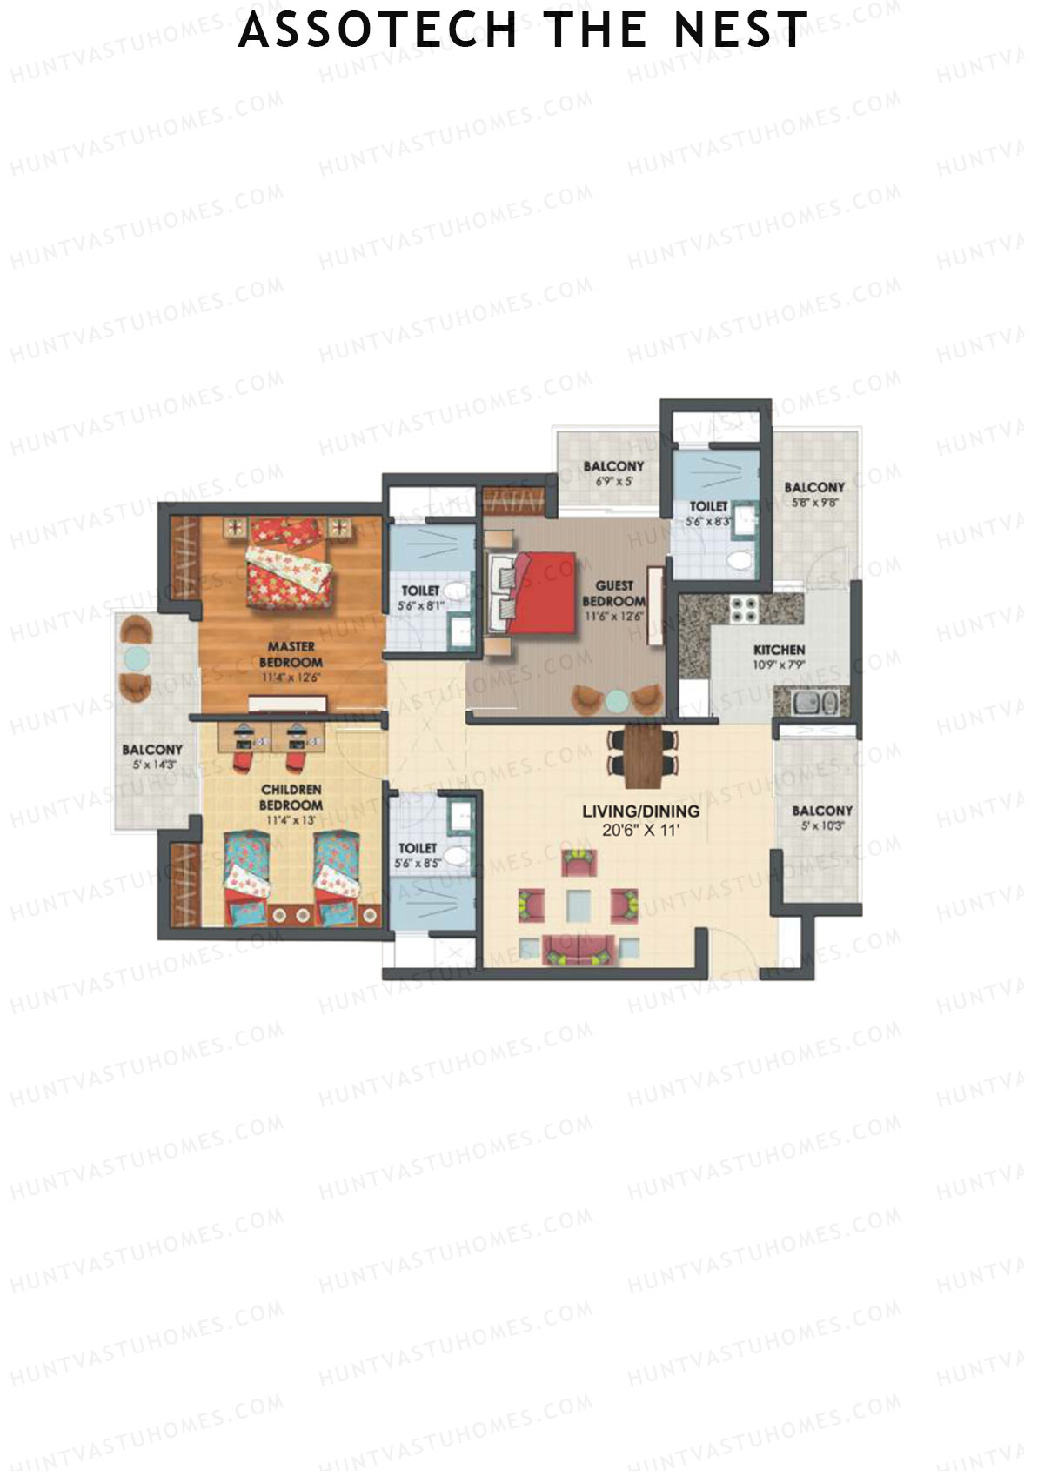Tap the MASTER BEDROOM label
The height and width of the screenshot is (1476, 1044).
tap(291, 654)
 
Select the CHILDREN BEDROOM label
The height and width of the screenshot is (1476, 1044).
tap(291, 797)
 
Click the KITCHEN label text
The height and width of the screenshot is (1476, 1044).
tap(779, 650)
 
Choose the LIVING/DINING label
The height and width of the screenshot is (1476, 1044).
tap(640, 811)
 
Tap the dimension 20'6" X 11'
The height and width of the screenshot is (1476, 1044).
tap(640, 830)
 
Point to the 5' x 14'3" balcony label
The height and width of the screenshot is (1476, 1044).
tap(152, 757)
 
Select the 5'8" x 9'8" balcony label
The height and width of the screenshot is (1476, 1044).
tap(813, 494)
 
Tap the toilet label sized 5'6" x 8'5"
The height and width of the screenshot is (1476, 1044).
tap(418, 855)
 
